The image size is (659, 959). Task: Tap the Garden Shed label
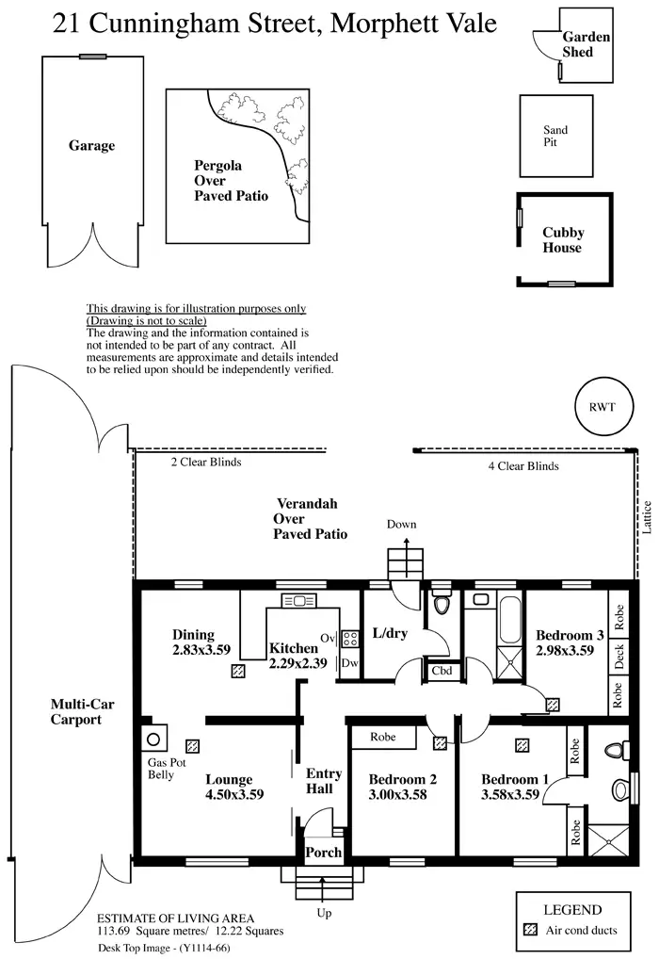[586, 44]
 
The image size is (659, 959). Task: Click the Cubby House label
[563, 239]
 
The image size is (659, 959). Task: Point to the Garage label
[91, 146]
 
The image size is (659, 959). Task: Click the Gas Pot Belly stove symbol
[154, 739]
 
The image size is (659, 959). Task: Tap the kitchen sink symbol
[298, 600]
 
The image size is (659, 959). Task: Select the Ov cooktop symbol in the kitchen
[349, 640]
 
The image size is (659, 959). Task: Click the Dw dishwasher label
[349, 662]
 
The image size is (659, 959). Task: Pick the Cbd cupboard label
[442, 671]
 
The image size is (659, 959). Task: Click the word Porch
[324, 852]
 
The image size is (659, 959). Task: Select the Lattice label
[647, 517]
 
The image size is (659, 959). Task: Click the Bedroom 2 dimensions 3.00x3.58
[397, 794]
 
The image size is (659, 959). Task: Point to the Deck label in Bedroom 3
[619, 657]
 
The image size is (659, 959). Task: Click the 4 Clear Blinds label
[523, 466]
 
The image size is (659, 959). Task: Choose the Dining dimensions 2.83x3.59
[201, 649]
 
